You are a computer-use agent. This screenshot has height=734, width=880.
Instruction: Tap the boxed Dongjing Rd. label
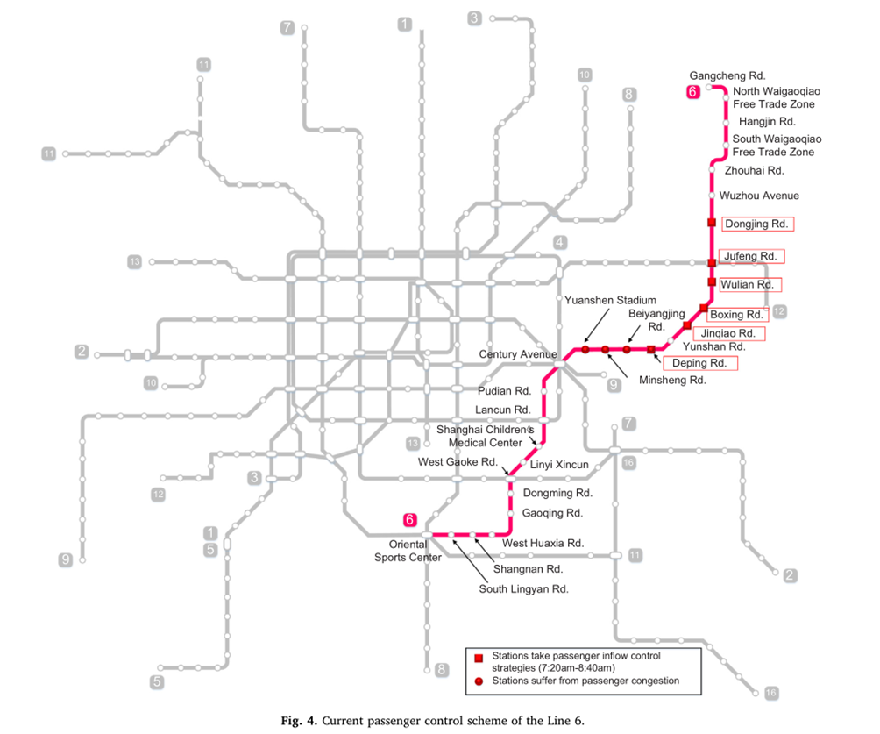click(x=758, y=224)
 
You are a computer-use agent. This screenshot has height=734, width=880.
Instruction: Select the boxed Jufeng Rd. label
click(x=751, y=256)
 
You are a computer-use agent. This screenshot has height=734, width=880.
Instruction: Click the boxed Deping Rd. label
click(x=699, y=363)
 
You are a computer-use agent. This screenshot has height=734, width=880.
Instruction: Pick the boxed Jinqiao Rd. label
click(x=728, y=334)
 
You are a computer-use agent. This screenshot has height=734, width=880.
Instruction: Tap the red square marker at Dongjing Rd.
click(x=712, y=223)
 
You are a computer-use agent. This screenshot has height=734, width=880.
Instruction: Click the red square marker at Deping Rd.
click(x=651, y=350)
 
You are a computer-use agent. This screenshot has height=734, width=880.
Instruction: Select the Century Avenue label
click(x=518, y=354)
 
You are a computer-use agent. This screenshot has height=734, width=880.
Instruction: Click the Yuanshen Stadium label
click(x=610, y=301)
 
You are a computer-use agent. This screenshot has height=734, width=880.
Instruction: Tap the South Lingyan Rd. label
click(x=523, y=589)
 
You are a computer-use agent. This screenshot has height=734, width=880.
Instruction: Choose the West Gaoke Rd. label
click(x=458, y=462)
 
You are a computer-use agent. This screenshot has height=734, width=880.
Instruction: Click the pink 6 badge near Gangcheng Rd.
click(x=692, y=91)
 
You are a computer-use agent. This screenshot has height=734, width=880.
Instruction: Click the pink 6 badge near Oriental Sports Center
click(x=409, y=518)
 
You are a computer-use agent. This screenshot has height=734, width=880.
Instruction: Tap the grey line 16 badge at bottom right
click(x=770, y=694)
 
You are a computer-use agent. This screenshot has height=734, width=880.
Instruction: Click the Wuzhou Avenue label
click(x=759, y=196)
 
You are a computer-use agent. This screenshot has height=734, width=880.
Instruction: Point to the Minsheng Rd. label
click(x=672, y=381)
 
